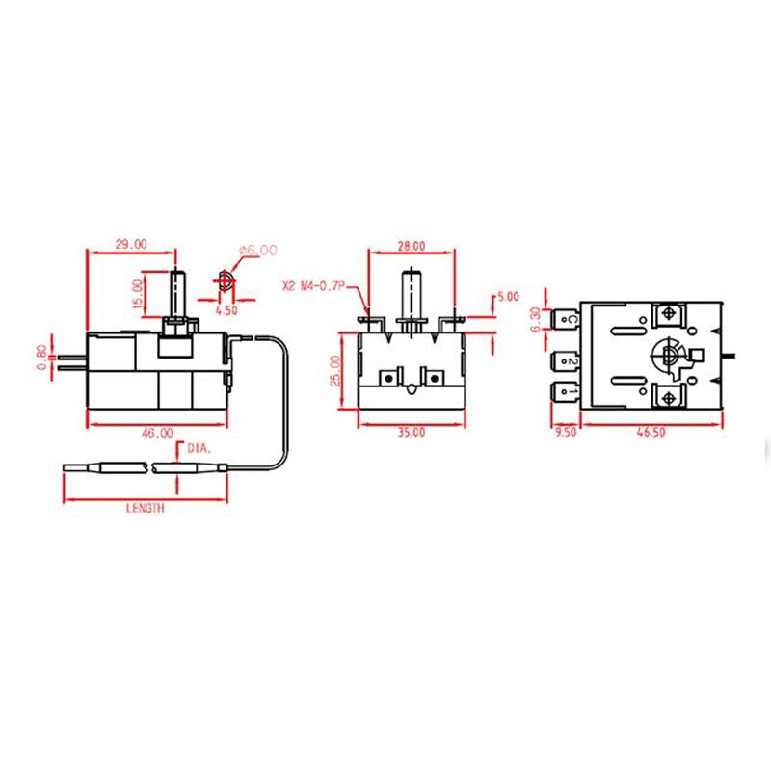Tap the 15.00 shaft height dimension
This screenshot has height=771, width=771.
138,294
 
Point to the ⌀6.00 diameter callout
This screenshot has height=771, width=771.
258,250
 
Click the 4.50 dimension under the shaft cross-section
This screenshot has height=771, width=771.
226,311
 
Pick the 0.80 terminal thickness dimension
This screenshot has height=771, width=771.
40,358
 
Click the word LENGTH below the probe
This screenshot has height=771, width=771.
145,508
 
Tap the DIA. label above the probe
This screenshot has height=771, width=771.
200,447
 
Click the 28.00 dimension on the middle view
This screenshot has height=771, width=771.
411,245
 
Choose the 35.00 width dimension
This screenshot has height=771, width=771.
411,434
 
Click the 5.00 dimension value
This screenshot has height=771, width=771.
507,296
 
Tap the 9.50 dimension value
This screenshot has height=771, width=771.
565,434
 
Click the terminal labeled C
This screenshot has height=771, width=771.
568,318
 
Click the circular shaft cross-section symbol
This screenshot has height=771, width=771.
225,281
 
